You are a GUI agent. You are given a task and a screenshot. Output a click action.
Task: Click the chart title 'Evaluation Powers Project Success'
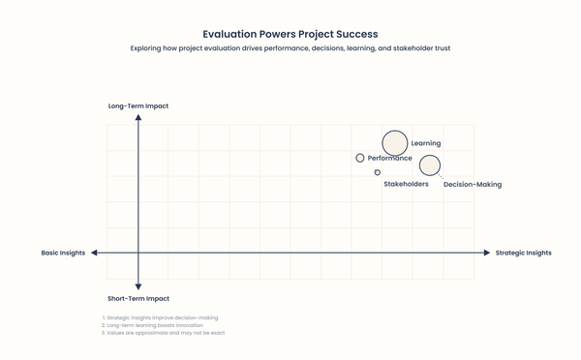tap(290, 34)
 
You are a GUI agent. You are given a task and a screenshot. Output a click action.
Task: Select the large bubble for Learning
tap(395, 143)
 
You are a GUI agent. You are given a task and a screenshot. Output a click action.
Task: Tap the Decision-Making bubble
tap(430, 165)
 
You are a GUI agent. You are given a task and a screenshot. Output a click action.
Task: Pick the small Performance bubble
tap(360, 158)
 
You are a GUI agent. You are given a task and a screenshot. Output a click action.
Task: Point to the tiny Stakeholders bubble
tap(378, 172)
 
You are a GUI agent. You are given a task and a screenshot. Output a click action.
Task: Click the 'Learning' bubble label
tap(426, 143)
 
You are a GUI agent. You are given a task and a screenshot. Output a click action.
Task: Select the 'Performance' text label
tap(390, 158)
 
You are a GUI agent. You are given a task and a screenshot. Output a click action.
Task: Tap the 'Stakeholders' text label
tap(406, 184)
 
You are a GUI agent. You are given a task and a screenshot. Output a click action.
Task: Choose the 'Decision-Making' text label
tap(473, 184)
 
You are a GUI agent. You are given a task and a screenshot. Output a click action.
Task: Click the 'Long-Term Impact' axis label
tap(138, 106)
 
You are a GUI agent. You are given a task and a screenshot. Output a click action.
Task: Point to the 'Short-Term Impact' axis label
tap(138, 299)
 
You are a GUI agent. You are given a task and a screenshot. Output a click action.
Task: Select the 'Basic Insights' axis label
tap(63, 253)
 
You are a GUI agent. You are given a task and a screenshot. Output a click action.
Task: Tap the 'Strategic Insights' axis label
tap(523, 253)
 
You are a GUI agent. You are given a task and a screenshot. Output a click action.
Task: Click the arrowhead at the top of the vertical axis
tap(138, 117)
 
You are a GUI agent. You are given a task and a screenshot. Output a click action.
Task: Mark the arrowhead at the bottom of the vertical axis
tap(138, 286)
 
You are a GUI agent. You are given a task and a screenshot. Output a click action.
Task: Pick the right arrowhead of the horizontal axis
tap(487, 253)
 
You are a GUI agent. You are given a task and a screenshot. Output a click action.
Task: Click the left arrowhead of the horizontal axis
tap(94, 253)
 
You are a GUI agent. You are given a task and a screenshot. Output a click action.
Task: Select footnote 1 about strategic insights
tap(161, 317)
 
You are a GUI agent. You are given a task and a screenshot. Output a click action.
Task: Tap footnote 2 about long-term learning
tap(153, 325)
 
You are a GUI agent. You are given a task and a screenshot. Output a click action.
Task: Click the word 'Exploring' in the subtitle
tap(147, 48)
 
